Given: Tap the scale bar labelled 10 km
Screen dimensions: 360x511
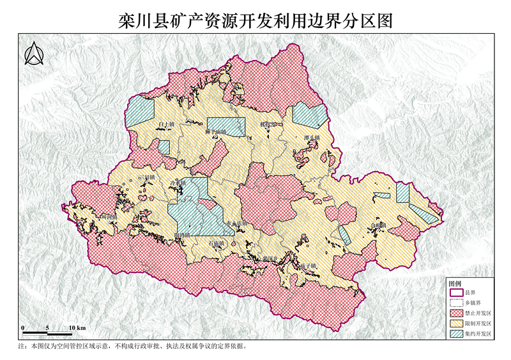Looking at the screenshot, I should click(x=47, y=333).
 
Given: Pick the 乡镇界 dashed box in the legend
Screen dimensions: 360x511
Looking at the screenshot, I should click(x=456, y=303).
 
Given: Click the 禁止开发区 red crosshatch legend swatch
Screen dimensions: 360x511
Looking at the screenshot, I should click(x=456, y=313).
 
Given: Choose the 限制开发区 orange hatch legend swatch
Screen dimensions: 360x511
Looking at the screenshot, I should click(x=456, y=324).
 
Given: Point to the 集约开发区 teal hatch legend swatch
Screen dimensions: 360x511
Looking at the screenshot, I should click(x=456, y=334).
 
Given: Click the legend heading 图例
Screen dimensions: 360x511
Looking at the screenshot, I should click(x=455, y=283).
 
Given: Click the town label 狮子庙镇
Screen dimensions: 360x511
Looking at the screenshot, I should click(x=215, y=132).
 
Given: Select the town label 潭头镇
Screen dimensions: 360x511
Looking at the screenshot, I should click(x=312, y=137).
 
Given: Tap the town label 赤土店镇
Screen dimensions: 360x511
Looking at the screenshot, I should click(x=236, y=223).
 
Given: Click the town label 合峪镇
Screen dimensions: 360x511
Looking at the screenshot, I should click(x=378, y=225).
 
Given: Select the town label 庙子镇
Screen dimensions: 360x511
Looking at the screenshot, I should click(x=308, y=265).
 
